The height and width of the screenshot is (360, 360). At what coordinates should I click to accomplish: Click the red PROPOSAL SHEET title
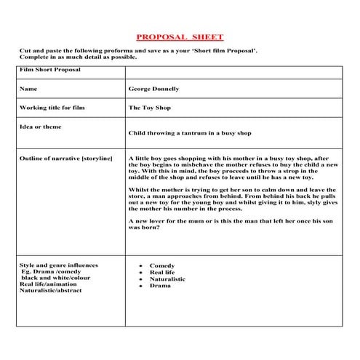pos(180,36)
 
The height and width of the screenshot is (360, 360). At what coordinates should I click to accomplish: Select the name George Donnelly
pos(153,89)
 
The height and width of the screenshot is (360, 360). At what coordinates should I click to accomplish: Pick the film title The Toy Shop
pos(145,107)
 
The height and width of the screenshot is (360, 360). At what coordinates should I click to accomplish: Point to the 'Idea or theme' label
pos(41,127)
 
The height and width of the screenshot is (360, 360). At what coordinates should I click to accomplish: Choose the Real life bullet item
pos(162,273)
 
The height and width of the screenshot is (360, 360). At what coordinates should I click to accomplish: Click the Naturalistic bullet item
pos(167,279)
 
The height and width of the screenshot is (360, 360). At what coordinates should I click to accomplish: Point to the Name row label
pos(28,89)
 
